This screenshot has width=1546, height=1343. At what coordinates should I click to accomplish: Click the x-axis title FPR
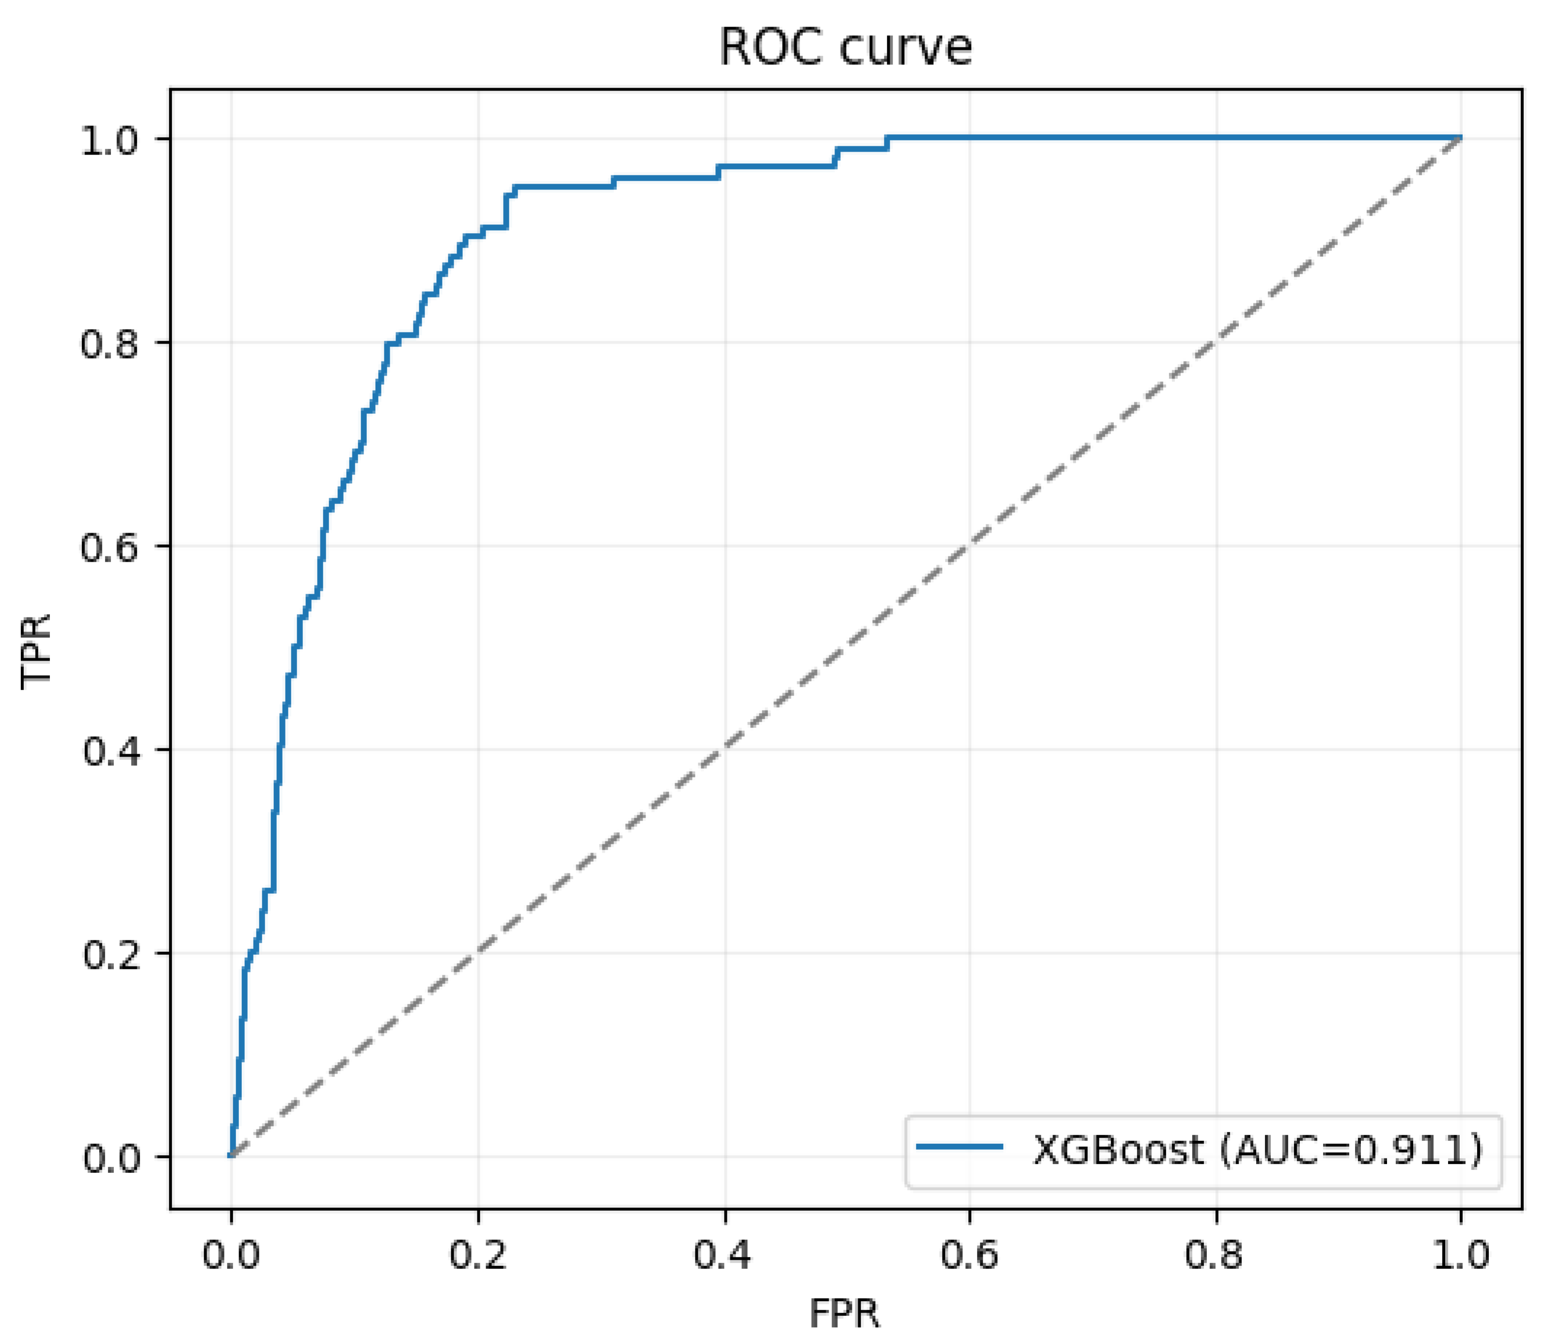[845, 1313]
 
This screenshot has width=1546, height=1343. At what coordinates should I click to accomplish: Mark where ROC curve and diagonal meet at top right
[1460, 139]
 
